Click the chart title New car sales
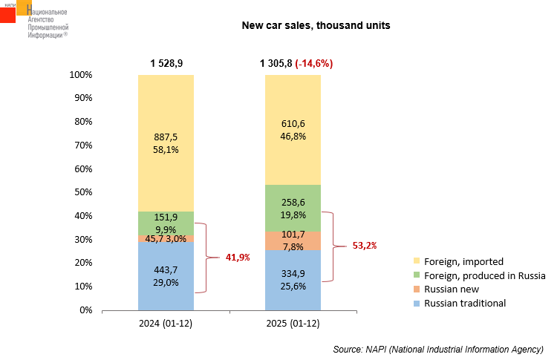316,25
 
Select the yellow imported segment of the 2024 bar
166,141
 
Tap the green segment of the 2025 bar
293,208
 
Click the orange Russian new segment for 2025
293,240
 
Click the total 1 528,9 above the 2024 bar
166,64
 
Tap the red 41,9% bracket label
238,258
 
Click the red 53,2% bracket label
364,245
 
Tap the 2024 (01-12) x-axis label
166,324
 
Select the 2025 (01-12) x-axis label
293,324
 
